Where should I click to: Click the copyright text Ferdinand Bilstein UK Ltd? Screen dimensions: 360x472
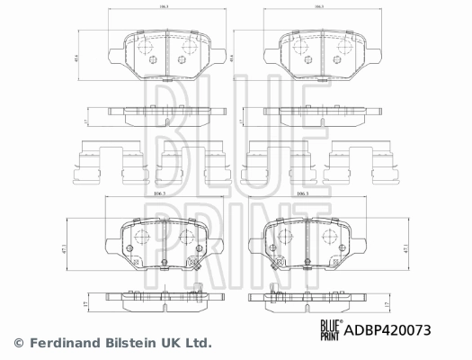(112, 343)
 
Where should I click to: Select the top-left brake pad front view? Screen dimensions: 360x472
(167, 57)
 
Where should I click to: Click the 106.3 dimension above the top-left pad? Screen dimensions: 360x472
(163, 7)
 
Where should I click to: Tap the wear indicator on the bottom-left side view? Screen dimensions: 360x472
(199, 289)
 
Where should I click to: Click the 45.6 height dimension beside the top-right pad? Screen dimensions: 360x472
(232, 56)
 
